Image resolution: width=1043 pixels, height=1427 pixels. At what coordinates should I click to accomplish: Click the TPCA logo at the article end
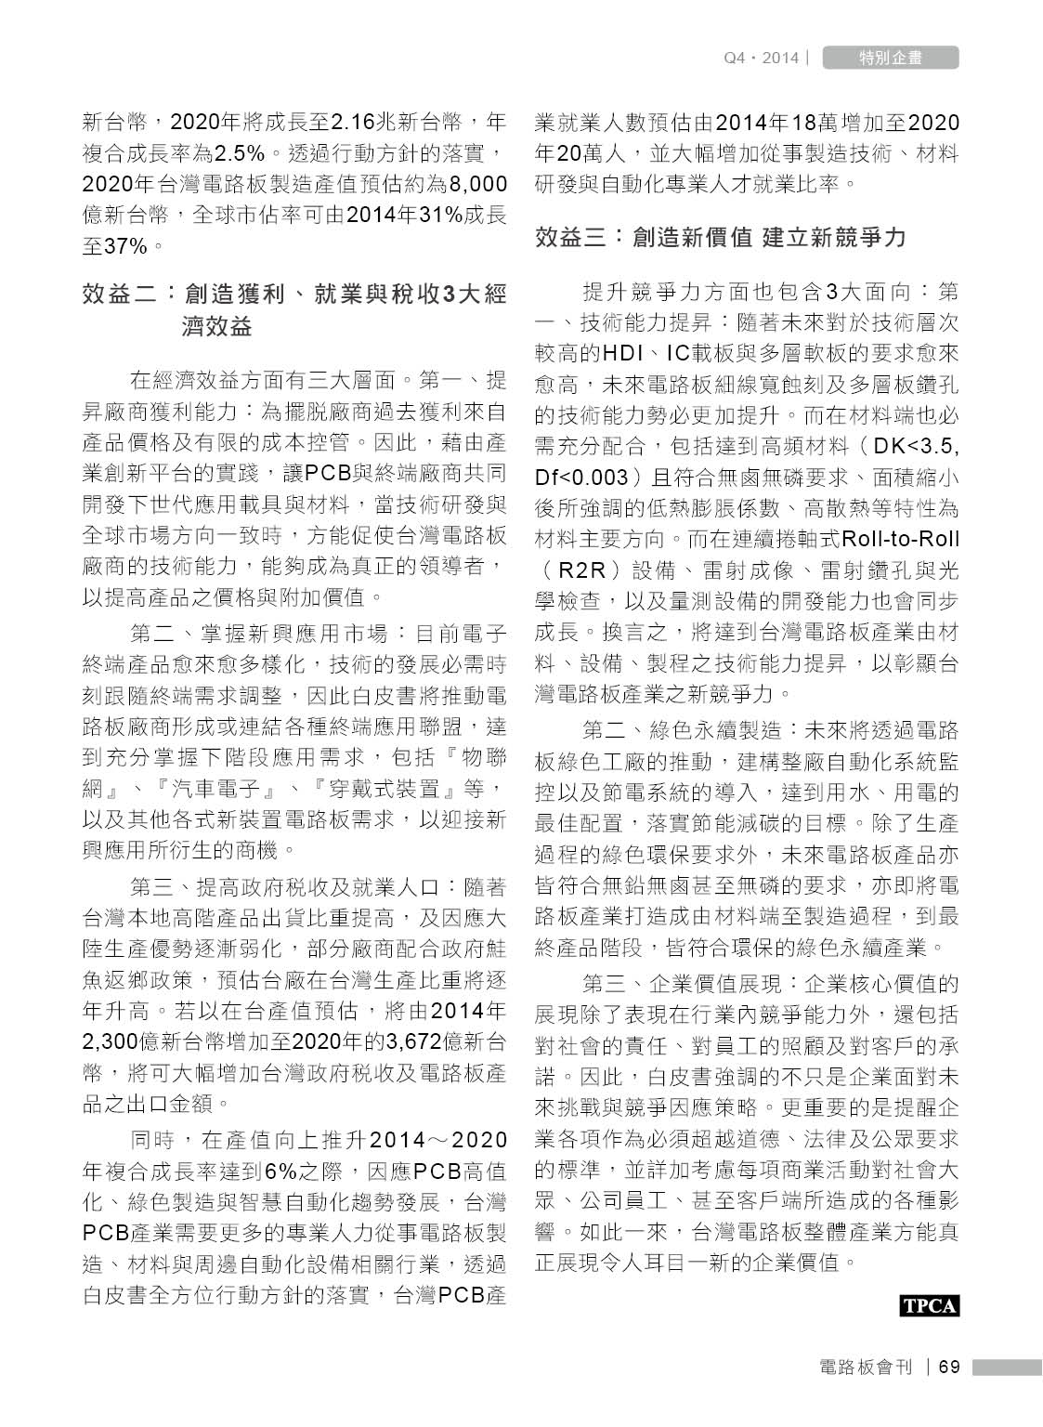click(x=929, y=1305)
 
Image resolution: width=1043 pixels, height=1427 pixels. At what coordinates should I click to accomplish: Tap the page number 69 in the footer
click(x=948, y=1368)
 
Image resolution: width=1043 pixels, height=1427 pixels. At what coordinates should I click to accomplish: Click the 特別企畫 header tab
click(x=890, y=58)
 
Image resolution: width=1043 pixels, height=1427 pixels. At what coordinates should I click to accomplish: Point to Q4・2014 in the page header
click(x=761, y=58)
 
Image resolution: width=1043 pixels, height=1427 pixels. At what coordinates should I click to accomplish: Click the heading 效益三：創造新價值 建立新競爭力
click(x=720, y=238)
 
